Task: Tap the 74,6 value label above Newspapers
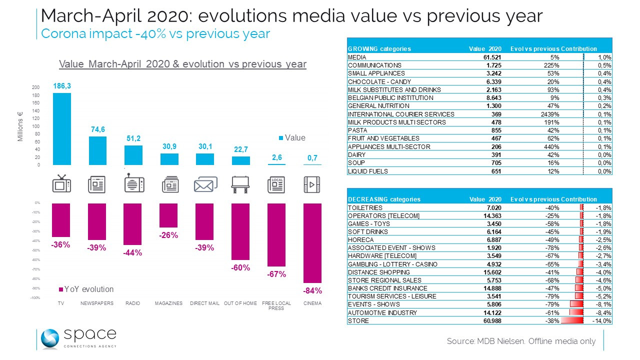(97, 129)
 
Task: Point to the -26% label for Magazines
(168, 235)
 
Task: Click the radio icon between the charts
(132, 184)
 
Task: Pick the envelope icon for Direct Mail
(205, 184)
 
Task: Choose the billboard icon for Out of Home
(240, 184)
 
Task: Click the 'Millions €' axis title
(21, 126)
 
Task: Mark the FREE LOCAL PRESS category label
(276, 305)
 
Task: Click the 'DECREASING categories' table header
(384, 199)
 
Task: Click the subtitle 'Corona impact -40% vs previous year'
(155, 33)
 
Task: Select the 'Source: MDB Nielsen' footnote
(521, 341)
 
